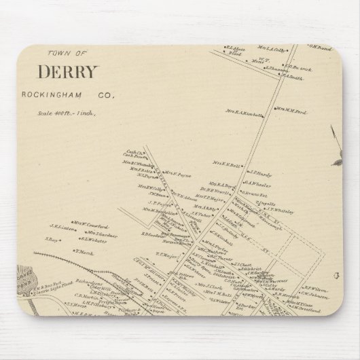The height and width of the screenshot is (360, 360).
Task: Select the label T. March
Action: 84,251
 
